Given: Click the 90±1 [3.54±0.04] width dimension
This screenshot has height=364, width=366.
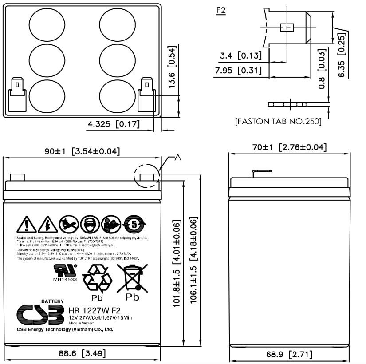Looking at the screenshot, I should tap(82, 151).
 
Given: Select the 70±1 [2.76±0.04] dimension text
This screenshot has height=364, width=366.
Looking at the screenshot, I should tap(289, 147).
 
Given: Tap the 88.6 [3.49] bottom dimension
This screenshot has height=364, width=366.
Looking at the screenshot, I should tap(82, 353).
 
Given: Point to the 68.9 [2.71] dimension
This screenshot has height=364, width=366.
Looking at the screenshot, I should tap(289, 354).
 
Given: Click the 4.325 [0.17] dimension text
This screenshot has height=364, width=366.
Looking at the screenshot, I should tap(114, 124).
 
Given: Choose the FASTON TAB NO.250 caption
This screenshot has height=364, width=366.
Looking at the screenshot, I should tap(278, 121).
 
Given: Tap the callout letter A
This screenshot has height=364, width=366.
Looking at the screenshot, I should tap(178, 157).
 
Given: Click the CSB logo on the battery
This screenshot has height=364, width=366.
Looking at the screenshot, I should tap(40, 314).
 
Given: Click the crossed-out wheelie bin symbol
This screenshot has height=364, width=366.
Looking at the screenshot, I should tap(132, 278).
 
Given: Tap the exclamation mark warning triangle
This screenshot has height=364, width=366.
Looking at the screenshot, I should tap(27, 225).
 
